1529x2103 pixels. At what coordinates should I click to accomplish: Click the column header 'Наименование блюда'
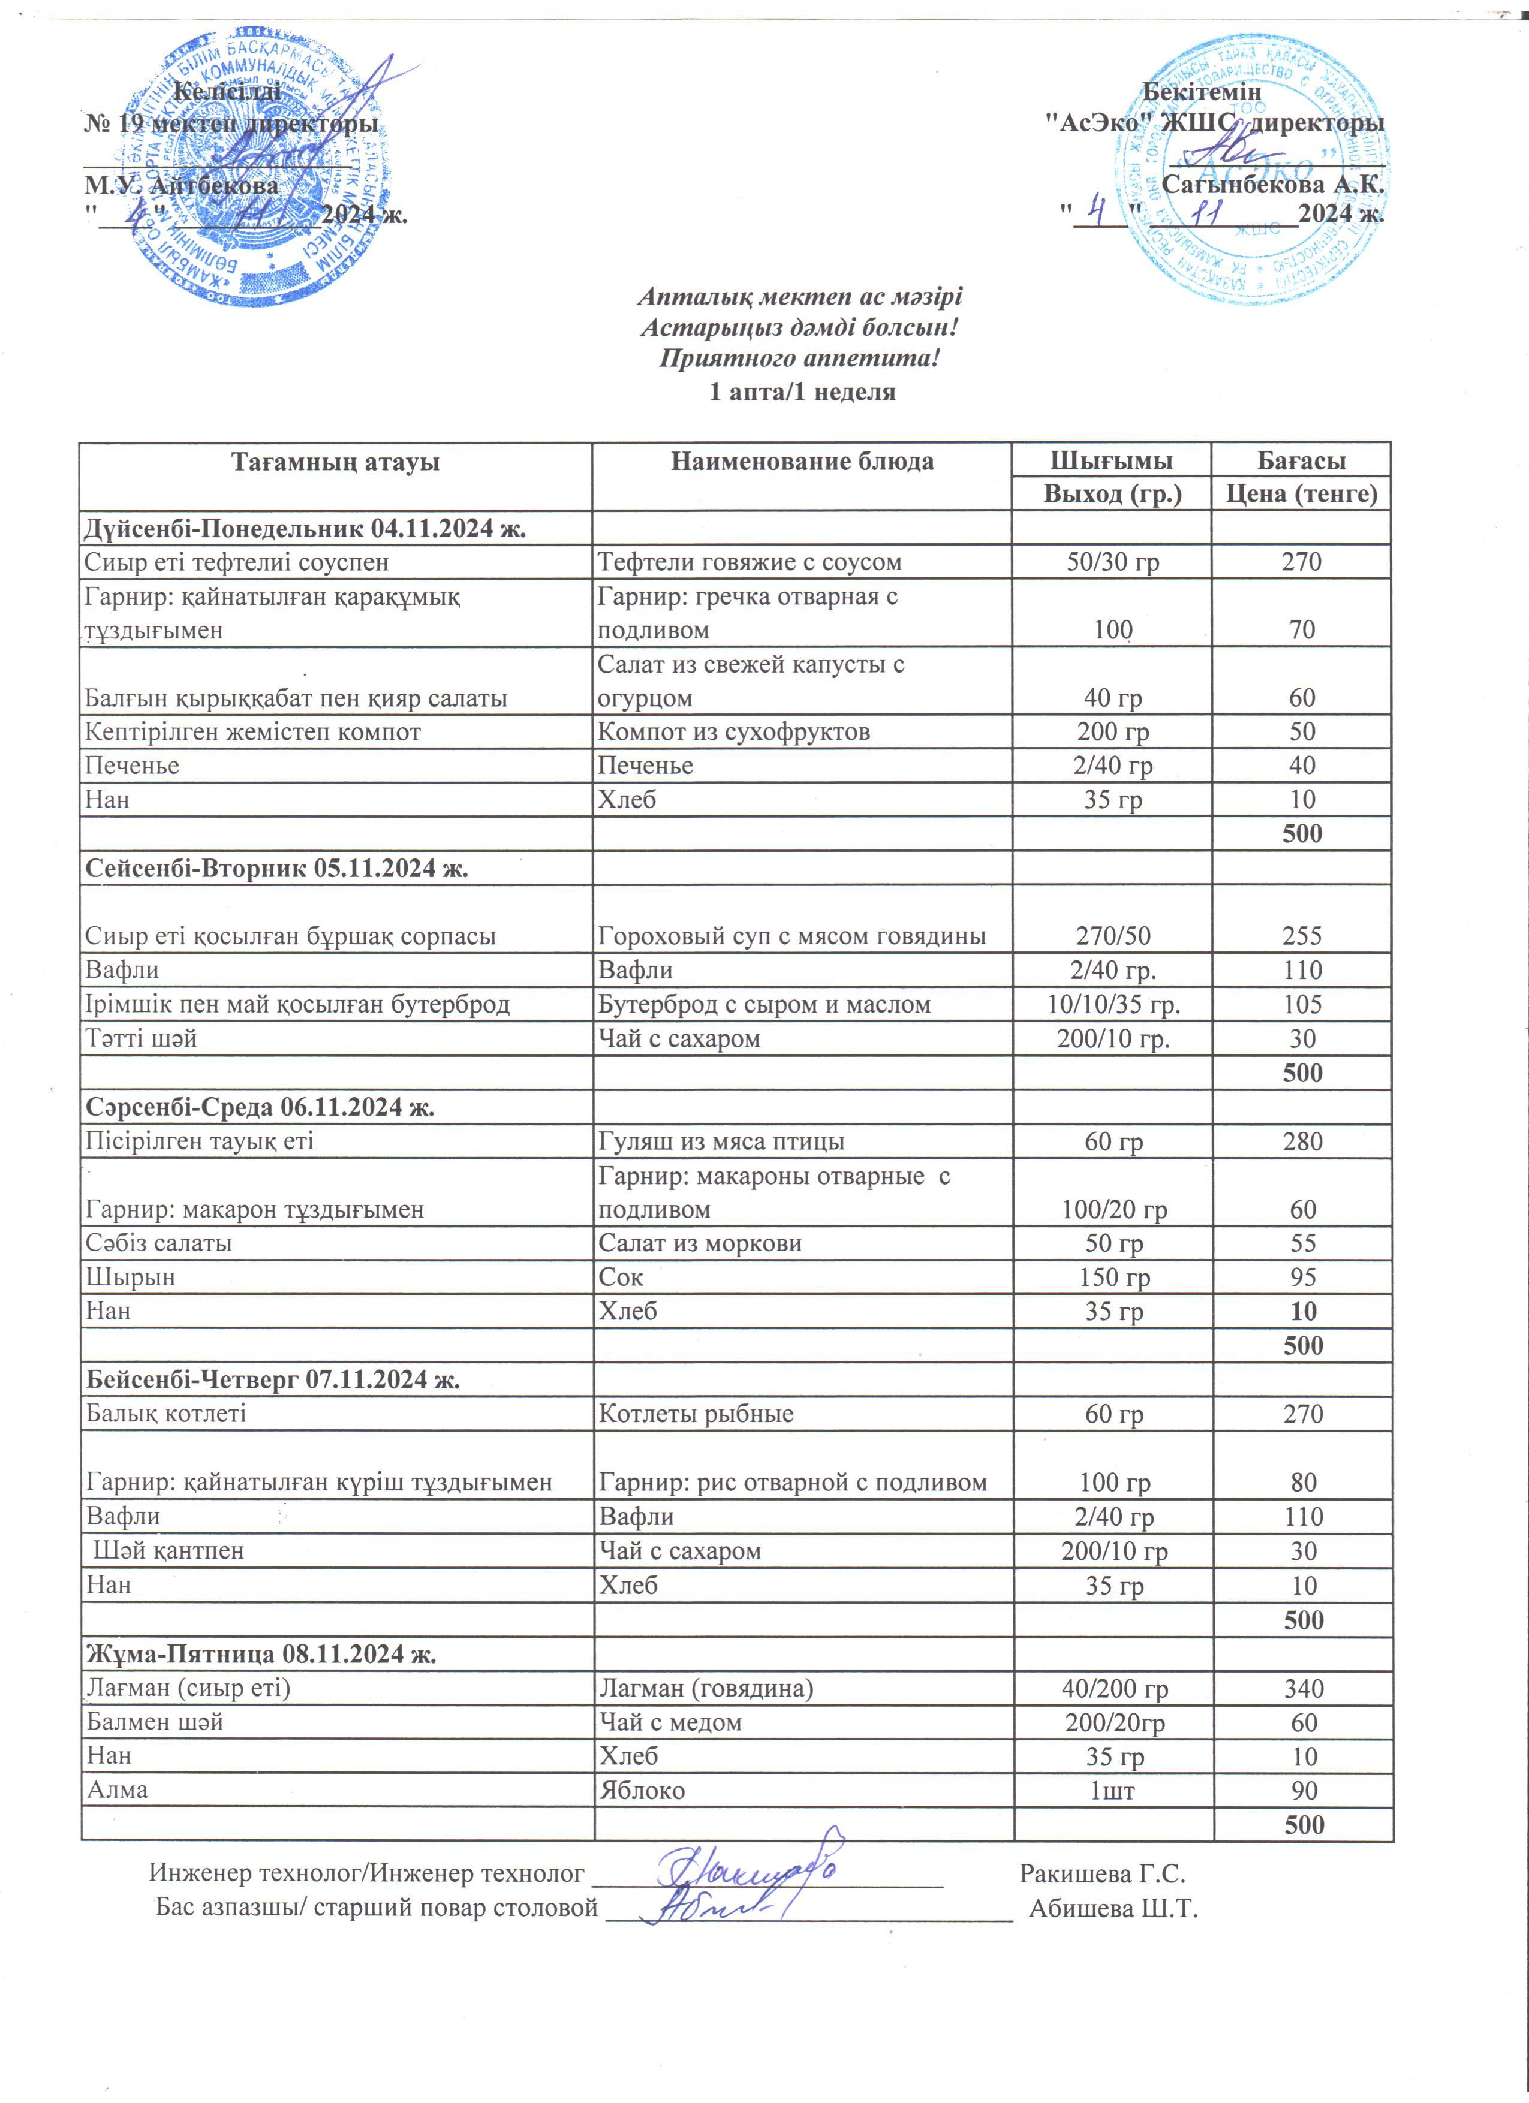802,462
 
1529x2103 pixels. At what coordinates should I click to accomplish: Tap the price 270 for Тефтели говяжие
1301,562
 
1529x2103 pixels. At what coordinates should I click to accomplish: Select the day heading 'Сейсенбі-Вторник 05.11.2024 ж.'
276,868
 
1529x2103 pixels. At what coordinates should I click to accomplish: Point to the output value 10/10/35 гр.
1113,1004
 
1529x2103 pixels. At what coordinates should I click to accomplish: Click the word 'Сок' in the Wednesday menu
621,1277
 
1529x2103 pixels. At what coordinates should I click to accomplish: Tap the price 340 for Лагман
1304,1689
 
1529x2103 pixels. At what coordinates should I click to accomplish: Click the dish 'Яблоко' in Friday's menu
642,1791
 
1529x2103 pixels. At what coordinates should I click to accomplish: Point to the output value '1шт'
1113,1791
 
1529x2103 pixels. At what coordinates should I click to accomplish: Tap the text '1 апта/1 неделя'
802,391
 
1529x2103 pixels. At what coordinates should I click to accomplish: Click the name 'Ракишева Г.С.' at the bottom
1103,1874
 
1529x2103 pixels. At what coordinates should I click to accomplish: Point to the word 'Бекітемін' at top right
1201,92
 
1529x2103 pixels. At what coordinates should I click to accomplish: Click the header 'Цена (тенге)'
1301,494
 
